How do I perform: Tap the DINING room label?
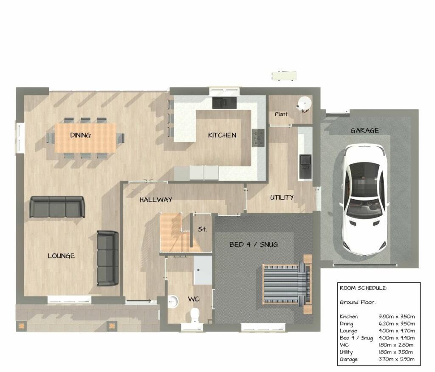(80, 135)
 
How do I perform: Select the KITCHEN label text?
(222, 135)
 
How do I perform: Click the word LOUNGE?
(61, 256)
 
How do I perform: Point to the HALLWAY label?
(155, 199)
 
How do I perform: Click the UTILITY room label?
(282, 197)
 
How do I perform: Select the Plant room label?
(281, 114)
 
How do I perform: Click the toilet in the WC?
(195, 316)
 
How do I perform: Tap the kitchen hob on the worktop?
(258, 137)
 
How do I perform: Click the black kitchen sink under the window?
(224, 102)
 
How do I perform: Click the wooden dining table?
(85, 137)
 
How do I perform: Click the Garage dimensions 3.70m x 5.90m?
(396, 359)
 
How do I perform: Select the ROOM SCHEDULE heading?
(363, 288)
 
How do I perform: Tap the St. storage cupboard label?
(202, 229)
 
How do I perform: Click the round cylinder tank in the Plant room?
(304, 103)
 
